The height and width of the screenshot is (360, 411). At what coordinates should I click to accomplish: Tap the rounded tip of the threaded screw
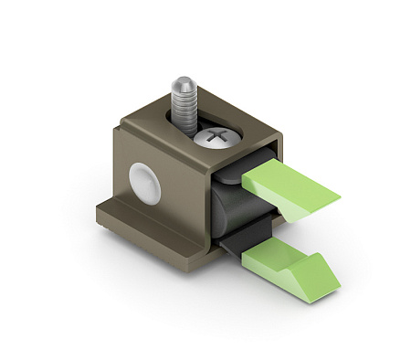(182, 81)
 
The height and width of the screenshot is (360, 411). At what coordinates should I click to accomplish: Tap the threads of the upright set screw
(183, 105)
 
